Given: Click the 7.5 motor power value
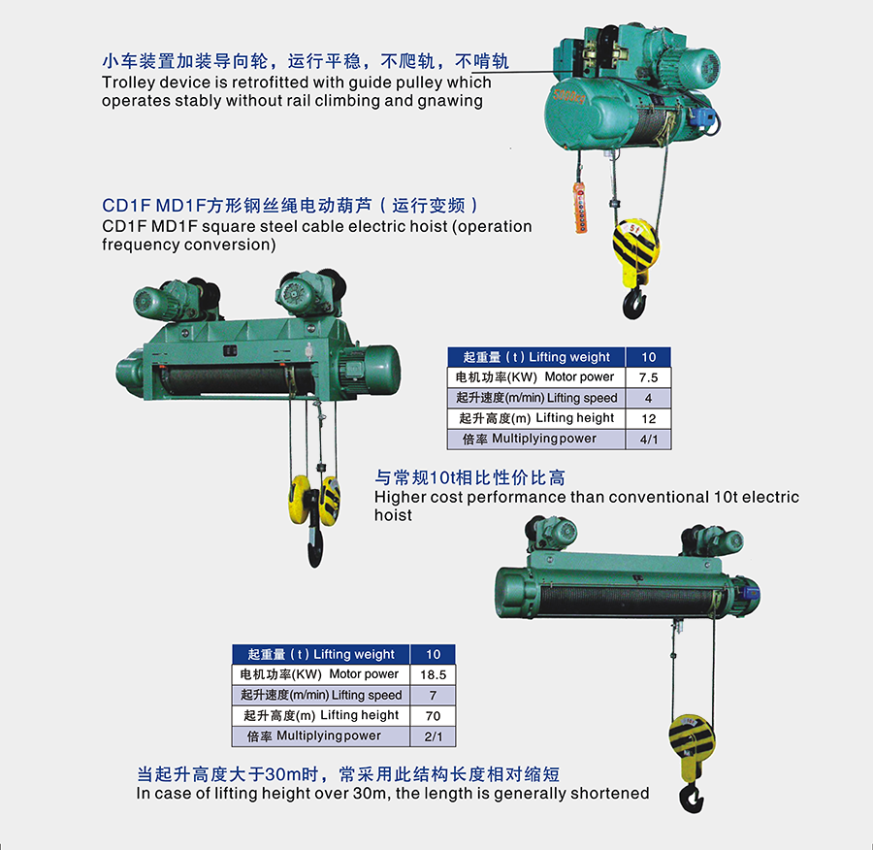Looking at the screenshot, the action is pos(648,377).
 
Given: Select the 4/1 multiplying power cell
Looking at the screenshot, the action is pos(648,440).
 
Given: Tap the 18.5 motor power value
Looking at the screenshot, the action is pos(434,675).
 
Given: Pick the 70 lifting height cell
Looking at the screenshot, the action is pos(434,716).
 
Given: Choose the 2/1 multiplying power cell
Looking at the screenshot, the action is pos(434,736).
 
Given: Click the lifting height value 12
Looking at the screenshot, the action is pos(648,419).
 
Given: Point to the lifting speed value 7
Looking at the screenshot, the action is pos(434,695).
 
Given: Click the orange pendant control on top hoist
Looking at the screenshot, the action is pos(580,208).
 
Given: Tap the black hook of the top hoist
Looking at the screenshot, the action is pos(634,304).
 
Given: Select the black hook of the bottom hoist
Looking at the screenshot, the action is pos(692,797).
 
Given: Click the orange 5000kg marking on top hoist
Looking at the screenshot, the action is pos(569,96).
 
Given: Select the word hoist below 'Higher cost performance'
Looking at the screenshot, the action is pos(393,514).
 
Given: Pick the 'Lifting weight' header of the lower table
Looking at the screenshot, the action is pos(353,654).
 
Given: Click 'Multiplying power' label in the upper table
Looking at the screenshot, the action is pos(544,439).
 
